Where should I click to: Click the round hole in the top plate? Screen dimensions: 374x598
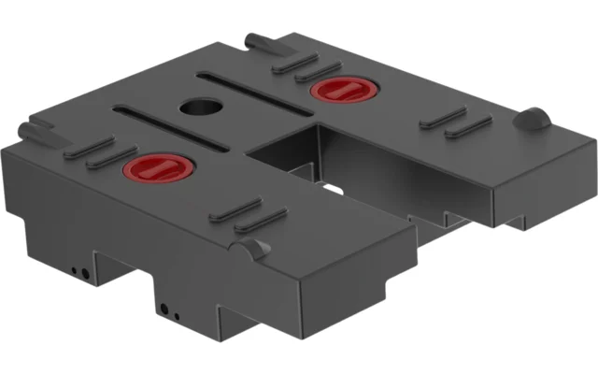click(197, 105)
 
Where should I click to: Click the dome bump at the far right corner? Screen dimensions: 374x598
click(533, 119)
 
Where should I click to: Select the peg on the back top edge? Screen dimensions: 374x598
click(255, 42)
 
